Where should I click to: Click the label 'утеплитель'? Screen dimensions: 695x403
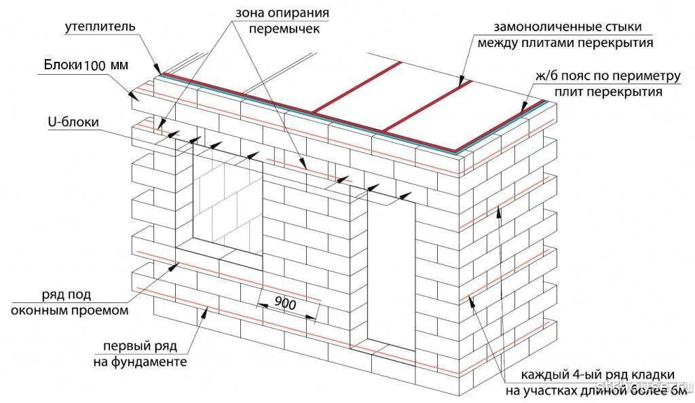tap(100, 27)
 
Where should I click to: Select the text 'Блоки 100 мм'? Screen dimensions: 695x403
tap(86, 65)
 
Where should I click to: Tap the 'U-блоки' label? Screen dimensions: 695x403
tap(74, 122)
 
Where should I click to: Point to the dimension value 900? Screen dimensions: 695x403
tap(286, 304)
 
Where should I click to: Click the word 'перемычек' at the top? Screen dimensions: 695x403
tap(284, 29)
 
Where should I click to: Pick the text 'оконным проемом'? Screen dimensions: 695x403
tap(69, 311)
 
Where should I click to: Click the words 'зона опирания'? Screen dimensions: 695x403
tap(283, 14)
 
